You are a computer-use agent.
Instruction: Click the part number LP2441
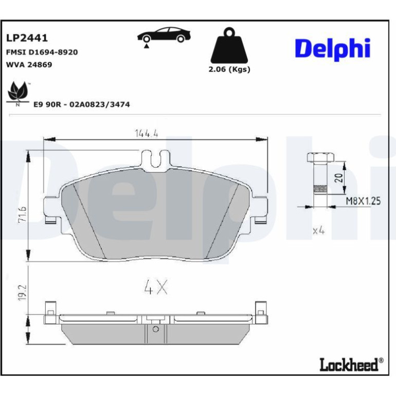tap(27, 38)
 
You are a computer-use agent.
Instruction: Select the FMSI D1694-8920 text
tap(42, 52)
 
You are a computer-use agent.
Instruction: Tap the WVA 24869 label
tap(29, 65)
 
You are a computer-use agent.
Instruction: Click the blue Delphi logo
tap(333, 49)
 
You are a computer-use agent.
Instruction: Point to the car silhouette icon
tap(164, 35)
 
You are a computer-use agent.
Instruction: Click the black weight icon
tap(229, 45)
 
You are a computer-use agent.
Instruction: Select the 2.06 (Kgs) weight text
tap(229, 69)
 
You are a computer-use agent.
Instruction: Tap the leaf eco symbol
tap(17, 94)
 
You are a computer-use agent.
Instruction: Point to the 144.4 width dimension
tap(147, 133)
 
